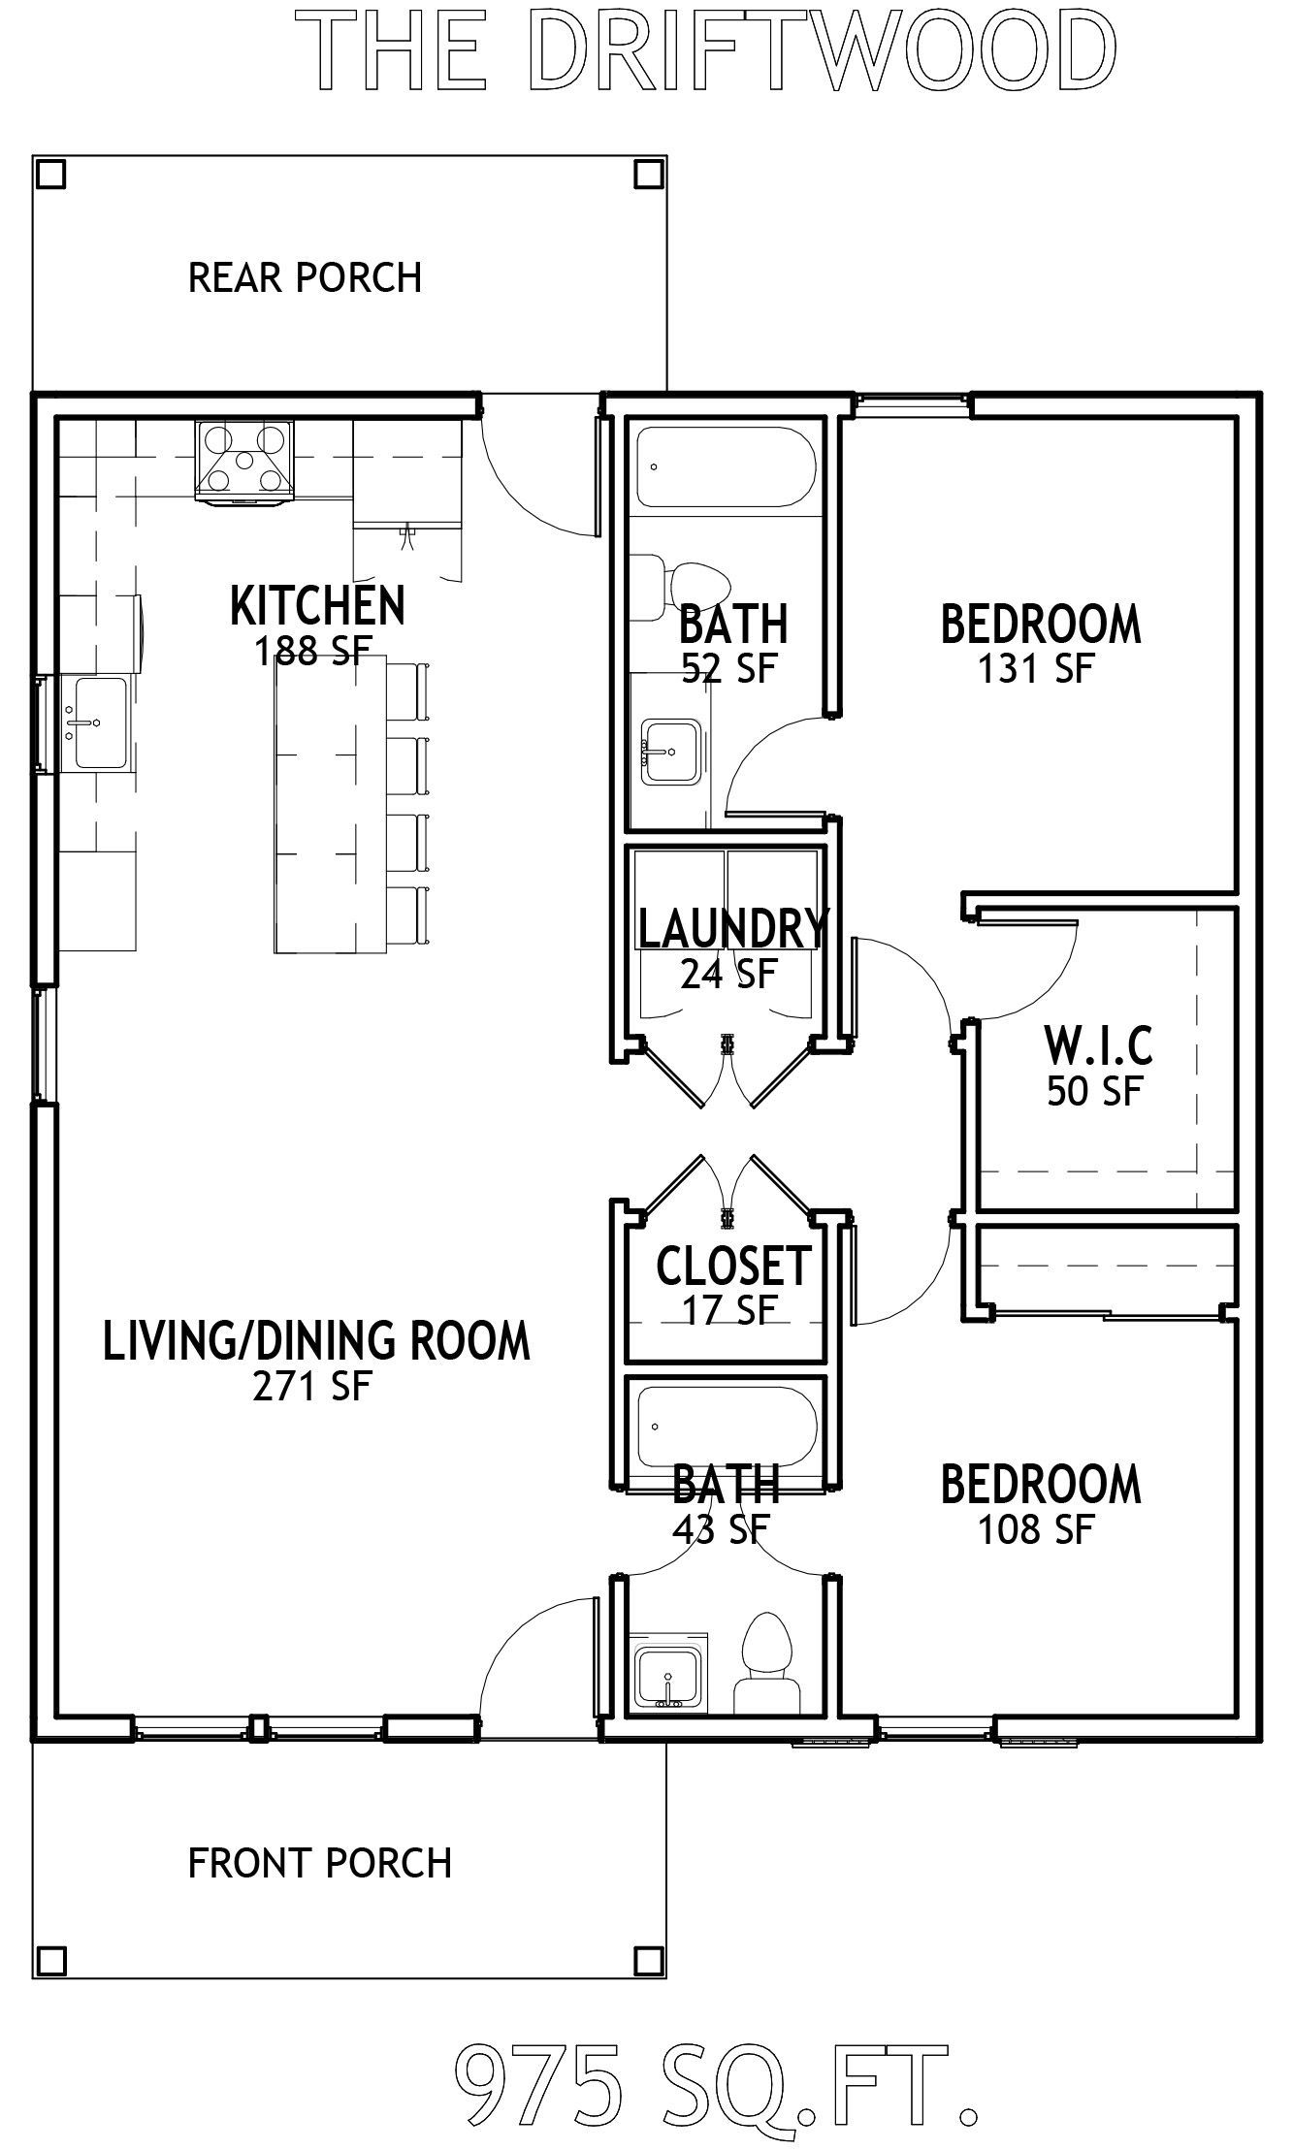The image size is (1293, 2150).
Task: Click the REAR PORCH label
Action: pyautogui.click(x=306, y=277)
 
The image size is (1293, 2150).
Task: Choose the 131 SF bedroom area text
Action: pyautogui.click(x=1036, y=669)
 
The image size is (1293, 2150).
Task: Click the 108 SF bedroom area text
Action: pyautogui.click(x=1036, y=1530)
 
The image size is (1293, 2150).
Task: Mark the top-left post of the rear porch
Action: pyautogui.click(x=50, y=175)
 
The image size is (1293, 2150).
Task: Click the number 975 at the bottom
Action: pyautogui.click(x=538, y=2096)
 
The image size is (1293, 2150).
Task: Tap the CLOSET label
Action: pyautogui.click(x=733, y=1266)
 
